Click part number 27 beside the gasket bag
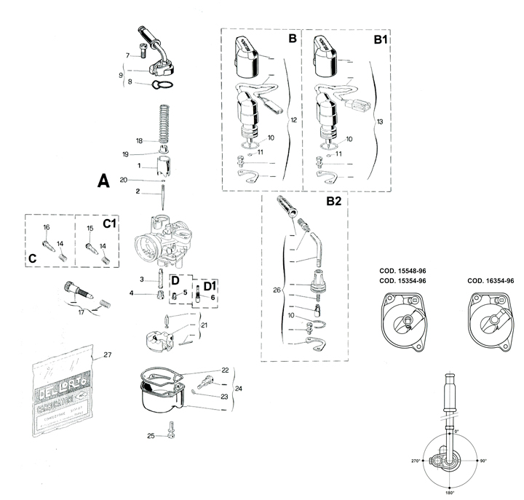coord(107,355)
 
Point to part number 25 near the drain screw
coord(150,436)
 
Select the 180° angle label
coord(450,493)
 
